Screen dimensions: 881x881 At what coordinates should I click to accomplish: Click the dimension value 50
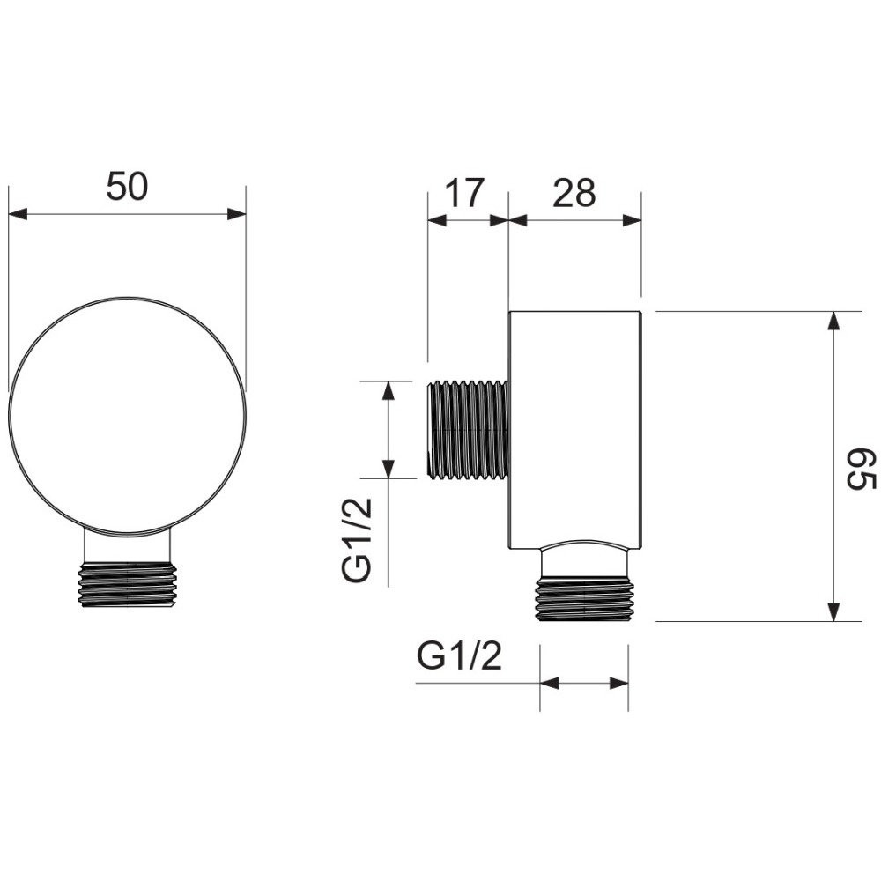click(127, 187)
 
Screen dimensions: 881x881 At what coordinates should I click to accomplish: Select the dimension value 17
click(464, 193)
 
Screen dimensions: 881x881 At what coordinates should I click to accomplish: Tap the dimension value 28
click(574, 193)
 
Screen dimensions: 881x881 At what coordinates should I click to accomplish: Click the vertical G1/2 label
click(357, 540)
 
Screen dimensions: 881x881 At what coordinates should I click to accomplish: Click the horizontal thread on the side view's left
click(470, 431)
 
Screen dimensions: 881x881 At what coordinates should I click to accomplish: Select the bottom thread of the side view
click(584, 599)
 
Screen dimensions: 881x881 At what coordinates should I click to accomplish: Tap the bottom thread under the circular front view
click(127, 585)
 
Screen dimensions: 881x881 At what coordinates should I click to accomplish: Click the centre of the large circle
click(127, 416)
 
